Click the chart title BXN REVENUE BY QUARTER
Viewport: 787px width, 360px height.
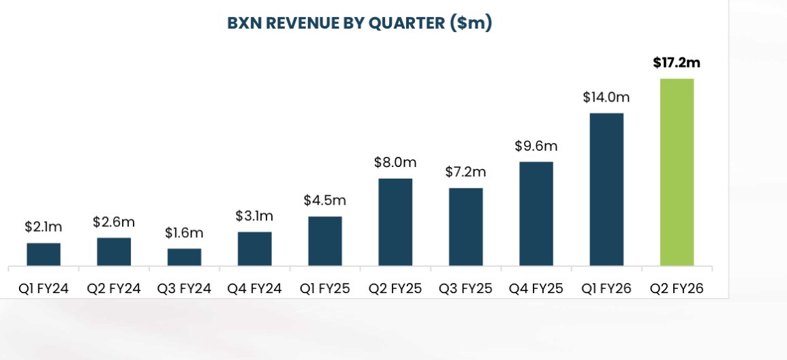coord(359,23)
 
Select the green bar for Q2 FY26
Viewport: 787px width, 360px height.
coord(677,172)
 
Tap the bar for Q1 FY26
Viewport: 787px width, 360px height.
coord(606,189)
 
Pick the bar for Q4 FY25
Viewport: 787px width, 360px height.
coord(536,213)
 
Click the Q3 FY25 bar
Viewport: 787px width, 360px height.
coord(466,226)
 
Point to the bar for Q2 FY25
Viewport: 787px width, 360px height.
coord(395,222)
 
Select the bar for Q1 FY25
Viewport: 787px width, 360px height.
coord(325,241)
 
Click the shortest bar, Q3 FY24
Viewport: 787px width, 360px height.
coord(185,257)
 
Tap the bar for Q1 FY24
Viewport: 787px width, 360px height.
coord(44,254)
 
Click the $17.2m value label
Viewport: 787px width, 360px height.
coord(676,63)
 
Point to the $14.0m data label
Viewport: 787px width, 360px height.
coord(606,97)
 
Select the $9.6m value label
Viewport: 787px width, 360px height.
coord(536,146)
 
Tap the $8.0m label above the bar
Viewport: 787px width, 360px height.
coord(395,162)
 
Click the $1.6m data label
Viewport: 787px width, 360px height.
coord(185,233)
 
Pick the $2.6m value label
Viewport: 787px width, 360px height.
coord(114,222)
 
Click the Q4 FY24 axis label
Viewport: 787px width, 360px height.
coord(254,288)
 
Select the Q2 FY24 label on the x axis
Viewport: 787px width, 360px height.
coord(114,288)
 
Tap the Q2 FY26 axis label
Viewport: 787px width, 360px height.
coord(676,288)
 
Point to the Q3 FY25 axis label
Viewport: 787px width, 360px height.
coord(466,288)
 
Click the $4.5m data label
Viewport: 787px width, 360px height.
coord(325,200)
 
